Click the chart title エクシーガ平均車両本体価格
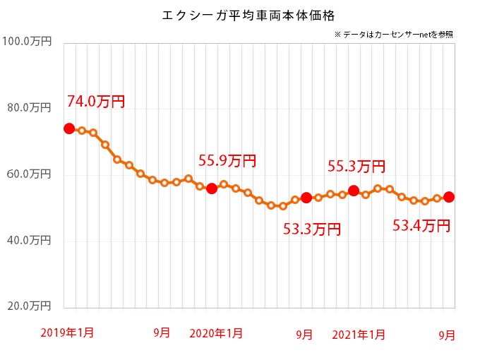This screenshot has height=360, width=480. (240, 14)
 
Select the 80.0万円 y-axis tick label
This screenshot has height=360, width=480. (28, 108)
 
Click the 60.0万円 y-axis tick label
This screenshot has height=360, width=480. (28, 174)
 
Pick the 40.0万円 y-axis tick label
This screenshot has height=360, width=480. (28, 241)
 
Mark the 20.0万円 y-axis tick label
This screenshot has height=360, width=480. (28, 307)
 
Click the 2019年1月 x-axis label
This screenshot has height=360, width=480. (67, 332)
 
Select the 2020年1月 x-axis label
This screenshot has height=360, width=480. (216, 332)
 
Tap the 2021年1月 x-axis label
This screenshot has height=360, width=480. (358, 332)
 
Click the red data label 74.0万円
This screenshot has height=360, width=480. (96, 102)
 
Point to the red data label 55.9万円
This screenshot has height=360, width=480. (227, 161)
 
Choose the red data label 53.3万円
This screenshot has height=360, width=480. (312, 229)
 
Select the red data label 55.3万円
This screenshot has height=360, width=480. (356, 167)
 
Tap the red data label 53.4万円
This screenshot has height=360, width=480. (421, 226)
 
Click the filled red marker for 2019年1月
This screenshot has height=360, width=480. (69, 128)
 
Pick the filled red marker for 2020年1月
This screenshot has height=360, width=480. (212, 188)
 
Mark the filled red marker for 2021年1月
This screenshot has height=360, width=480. (354, 191)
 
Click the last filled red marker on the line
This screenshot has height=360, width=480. (449, 197)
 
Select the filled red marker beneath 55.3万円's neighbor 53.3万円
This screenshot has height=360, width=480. (306, 198)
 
